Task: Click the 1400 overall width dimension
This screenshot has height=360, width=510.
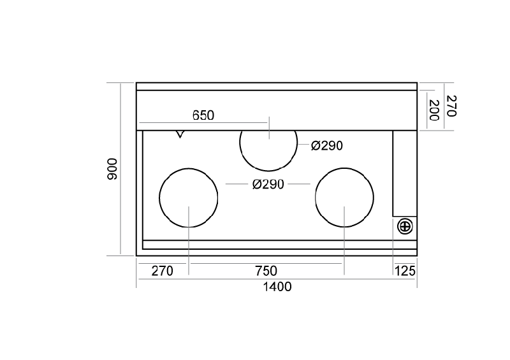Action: [x=277, y=287]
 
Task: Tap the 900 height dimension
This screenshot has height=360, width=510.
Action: [x=112, y=169]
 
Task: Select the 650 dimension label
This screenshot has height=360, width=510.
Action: [x=203, y=115]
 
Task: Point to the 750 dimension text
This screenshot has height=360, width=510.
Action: [x=266, y=271]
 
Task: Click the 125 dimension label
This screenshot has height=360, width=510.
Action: [x=405, y=271]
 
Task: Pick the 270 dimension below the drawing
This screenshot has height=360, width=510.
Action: [x=163, y=271]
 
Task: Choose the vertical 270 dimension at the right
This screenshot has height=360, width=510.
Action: [x=451, y=106]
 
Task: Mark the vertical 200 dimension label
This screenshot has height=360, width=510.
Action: [x=435, y=110]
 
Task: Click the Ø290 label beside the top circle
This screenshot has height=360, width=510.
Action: [x=327, y=146]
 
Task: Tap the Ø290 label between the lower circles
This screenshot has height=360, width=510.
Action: [x=268, y=184]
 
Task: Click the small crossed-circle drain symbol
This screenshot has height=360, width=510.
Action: [x=405, y=227]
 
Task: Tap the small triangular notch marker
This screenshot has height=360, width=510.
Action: [x=180, y=134]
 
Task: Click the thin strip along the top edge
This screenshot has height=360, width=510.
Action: [x=277, y=87]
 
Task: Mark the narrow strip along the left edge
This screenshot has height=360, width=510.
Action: [x=140, y=193]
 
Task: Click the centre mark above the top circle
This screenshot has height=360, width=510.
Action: [x=269, y=128]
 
